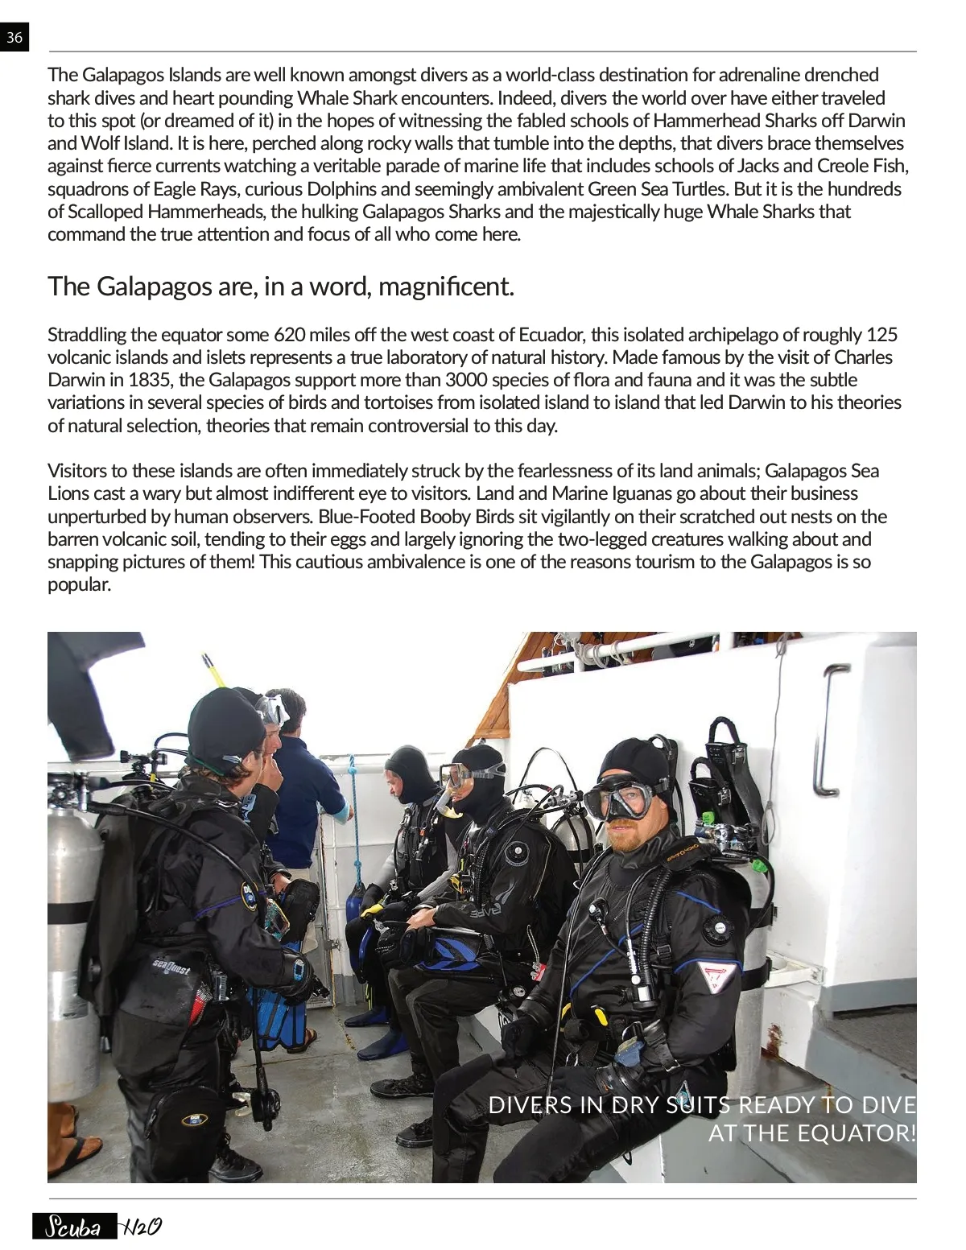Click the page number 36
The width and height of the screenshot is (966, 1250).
(14, 38)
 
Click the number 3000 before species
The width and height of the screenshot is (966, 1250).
(466, 380)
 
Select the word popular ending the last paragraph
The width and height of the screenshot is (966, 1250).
(78, 584)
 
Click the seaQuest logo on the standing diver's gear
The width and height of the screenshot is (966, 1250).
(171, 967)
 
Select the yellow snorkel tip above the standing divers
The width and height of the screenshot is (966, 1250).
(211, 667)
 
